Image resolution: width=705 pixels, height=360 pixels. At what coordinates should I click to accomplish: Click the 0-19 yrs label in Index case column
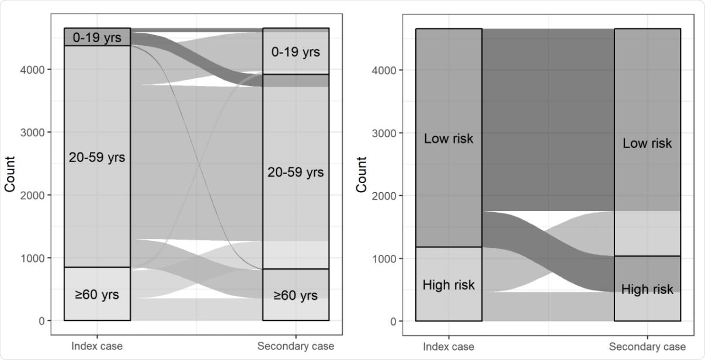click(97, 38)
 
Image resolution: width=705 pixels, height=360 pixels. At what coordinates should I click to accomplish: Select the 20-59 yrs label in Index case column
click(97, 157)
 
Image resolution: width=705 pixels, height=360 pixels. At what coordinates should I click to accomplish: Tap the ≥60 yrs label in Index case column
click(97, 295)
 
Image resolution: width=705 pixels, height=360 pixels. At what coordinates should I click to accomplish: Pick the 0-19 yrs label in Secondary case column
click(296, 52)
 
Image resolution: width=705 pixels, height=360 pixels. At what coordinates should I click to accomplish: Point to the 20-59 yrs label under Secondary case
click(296, 172)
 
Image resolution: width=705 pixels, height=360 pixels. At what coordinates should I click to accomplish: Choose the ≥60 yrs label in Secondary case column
click(296, 295)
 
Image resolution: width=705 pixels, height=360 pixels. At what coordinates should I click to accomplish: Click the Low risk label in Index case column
click(449, 139)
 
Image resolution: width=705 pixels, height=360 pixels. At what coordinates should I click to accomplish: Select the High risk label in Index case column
click(449, 285)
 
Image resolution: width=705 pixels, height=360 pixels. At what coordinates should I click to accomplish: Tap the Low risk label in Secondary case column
click(647, 143)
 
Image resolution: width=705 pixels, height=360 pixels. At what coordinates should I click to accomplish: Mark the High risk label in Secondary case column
click(647, 289)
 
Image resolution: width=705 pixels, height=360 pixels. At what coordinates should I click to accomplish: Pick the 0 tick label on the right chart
click(393, 321)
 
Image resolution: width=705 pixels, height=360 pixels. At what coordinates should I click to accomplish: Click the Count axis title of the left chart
click(10, 174)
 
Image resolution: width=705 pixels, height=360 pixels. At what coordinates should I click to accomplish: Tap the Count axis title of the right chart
click(362, 174)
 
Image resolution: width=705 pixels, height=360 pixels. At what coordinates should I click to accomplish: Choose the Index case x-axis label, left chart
click(97, 346)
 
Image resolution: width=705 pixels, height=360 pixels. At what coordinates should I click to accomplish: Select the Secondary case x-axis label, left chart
click(296, 346)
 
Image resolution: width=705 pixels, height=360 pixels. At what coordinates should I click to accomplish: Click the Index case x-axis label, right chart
click(449, 347)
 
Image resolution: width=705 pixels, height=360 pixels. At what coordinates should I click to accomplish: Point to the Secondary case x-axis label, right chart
click(647, 347)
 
